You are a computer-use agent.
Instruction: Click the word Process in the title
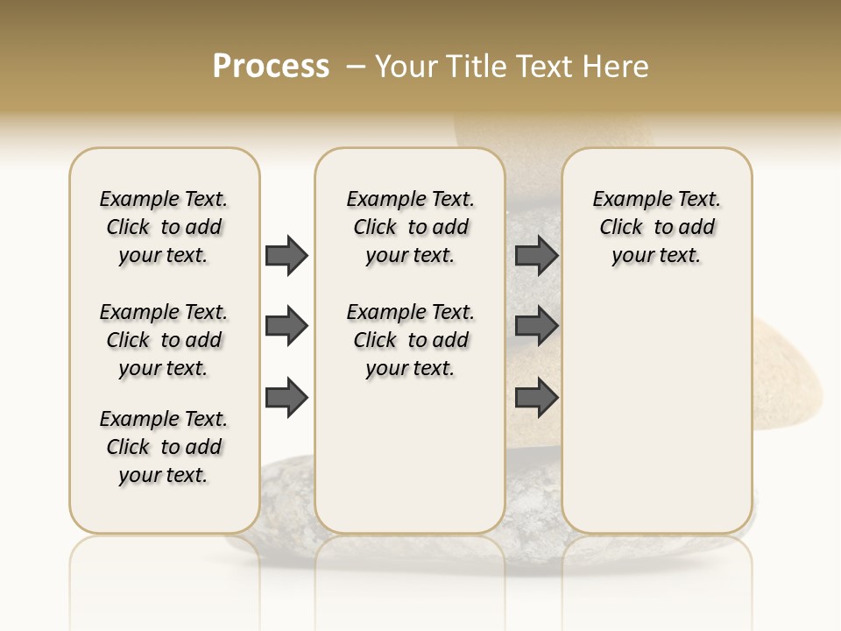[x=271, y=66]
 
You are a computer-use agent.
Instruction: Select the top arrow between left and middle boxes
[x=286, y=255]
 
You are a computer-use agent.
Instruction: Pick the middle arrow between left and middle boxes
[x=286, y=327]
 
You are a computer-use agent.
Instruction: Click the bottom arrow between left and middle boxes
[x=286, y=399]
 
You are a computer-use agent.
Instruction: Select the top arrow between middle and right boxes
[x=536, y=255]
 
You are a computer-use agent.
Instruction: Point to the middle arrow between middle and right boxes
[x=536, y=327]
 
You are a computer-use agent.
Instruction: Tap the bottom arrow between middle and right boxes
[x=536, y=399]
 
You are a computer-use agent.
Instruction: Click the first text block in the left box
[x=164, y=227]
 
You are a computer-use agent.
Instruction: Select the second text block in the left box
[x=164, y=340]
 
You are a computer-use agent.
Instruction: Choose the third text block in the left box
[x=164, y=447]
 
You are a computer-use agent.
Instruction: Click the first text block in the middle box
[x=410, y=227]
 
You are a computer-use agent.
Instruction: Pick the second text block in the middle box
[x=410, y=340]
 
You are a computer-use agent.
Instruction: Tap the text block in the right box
[x=656, y=227]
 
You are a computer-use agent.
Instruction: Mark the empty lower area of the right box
[x=656, y=412]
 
